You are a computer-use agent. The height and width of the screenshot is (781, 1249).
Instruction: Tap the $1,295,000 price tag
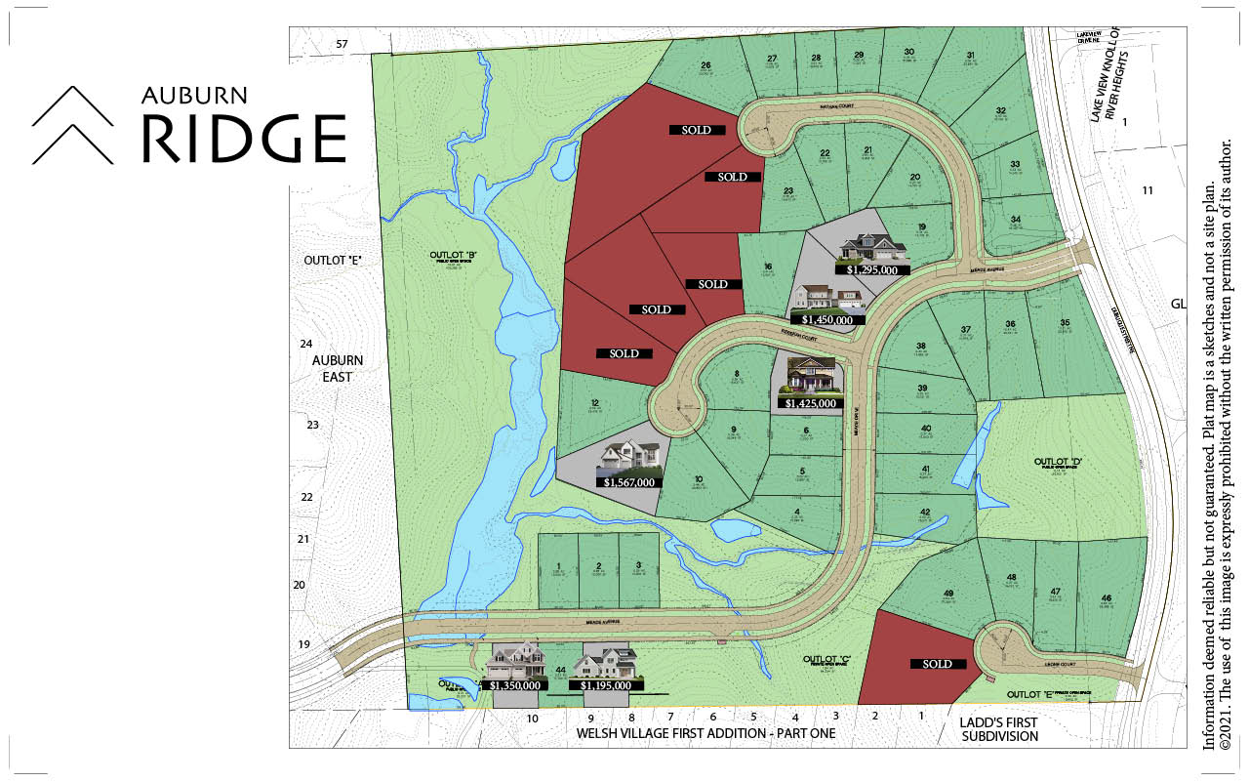pos(877,269)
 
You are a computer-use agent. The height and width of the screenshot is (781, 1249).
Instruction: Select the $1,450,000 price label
pos(827,319)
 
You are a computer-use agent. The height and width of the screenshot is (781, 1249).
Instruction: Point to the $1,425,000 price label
pos(809,403)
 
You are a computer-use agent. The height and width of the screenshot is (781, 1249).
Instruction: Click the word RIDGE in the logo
pos(244,138)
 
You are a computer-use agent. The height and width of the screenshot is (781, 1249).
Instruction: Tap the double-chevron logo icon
pos(74,125)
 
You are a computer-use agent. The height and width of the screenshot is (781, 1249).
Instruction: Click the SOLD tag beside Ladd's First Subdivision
pos(937,664)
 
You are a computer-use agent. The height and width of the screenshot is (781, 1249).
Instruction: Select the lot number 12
pos(593,403)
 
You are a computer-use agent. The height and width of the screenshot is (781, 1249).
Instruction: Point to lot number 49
pos(947,594)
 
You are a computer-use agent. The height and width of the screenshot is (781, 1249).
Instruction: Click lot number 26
pos(705,65)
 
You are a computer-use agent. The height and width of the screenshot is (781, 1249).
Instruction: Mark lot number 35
pos(1065,322)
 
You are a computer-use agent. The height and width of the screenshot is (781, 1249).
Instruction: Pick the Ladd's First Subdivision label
pos(999,729)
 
